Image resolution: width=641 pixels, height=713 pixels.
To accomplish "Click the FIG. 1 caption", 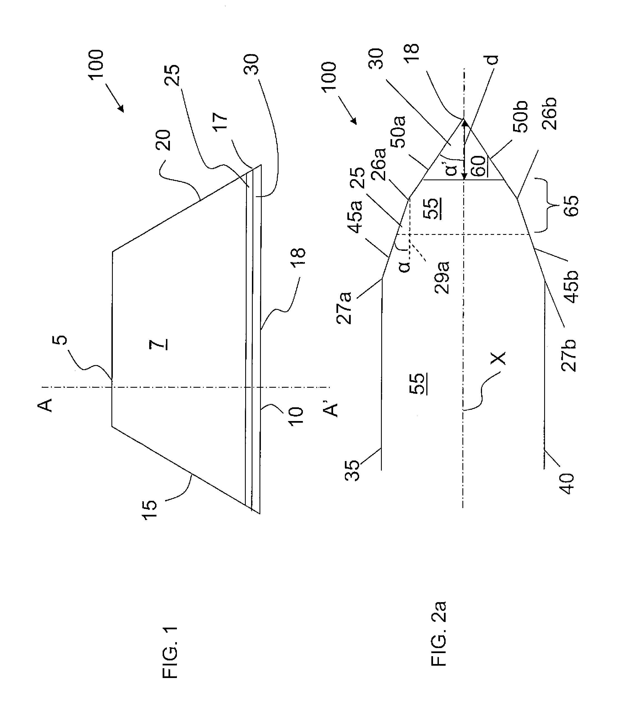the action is pos(170,653).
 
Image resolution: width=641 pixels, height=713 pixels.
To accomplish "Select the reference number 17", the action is pos(222,121).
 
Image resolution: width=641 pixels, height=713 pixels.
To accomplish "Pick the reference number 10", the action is pos(296,417).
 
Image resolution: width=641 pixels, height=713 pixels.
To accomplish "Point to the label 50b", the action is pos(521,117).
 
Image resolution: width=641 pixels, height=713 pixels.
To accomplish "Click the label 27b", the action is pos(569,356).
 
